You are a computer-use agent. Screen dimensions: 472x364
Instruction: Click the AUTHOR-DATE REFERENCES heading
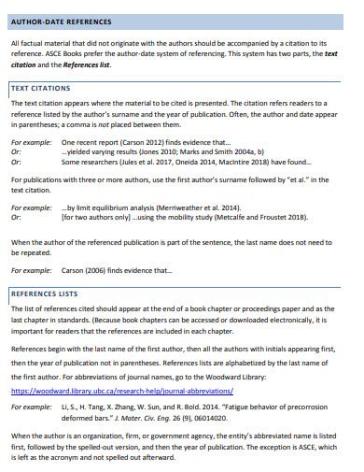61,21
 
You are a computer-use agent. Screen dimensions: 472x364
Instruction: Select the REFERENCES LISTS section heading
45,293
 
